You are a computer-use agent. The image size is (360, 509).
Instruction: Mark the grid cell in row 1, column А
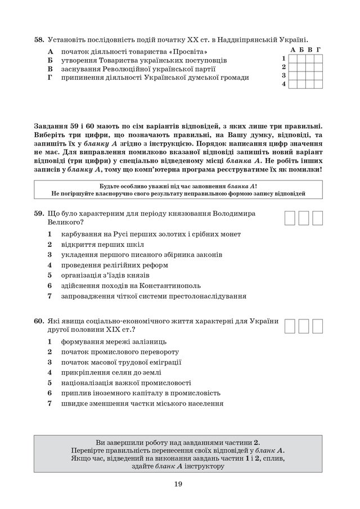(x=293, y=58)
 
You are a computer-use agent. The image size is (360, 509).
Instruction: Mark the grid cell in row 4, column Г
(x=318, y=84)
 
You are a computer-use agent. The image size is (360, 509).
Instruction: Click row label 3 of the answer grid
(x=284, y=75)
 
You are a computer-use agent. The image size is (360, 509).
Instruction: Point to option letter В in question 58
(x=50, y=69)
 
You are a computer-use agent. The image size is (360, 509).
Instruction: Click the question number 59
(x=39, y=214)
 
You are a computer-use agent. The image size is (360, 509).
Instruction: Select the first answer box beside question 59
(x=291, y=218)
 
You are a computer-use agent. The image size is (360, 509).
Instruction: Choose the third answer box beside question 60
(x=318, y=326)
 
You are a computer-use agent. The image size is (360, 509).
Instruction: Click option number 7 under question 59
(x=50, y=296)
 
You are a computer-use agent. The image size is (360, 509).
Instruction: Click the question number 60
(x=39, y=321)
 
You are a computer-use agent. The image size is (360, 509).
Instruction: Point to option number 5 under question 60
(x=50, y=382)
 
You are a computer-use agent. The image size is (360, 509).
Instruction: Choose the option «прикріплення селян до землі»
(x=111, y=372)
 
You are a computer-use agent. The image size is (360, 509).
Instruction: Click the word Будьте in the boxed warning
(x=110, y=186)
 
